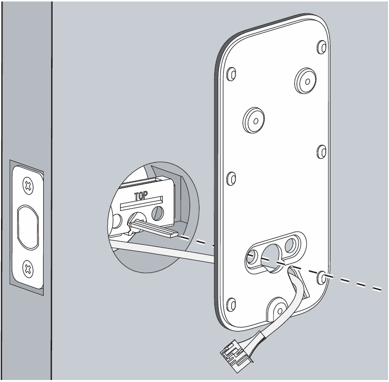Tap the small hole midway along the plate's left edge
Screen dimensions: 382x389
231,178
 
